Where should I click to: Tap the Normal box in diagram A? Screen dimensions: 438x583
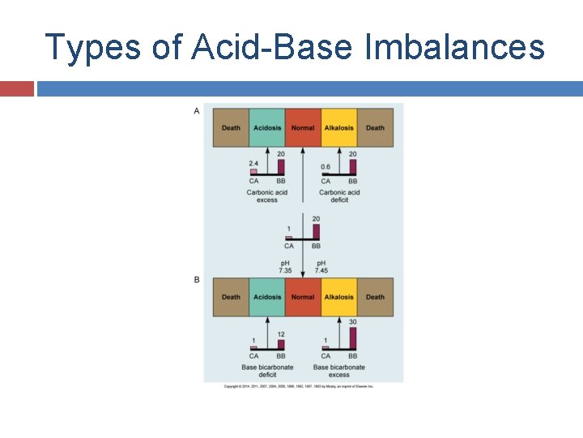(303, 128)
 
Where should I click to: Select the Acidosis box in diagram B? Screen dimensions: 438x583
(267, 297)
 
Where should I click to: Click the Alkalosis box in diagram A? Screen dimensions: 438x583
(338, 128)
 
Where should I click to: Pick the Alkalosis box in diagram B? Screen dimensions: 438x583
(338, 297)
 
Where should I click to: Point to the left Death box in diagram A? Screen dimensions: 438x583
(231, 128)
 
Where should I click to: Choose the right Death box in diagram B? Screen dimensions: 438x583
(375, 297)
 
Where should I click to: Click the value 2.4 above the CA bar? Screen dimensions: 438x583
(253, 165)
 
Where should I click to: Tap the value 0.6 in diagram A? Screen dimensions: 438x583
(326, 166)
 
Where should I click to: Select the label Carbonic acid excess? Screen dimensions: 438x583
(267, 195)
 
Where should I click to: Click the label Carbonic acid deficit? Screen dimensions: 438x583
(339, 195)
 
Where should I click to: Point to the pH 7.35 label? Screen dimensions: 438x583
(286, 267)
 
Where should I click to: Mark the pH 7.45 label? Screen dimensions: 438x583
(321, 267)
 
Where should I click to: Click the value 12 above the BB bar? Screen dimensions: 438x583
(281, 335)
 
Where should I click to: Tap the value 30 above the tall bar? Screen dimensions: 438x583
(352, 322)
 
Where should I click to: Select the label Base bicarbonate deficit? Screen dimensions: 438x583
(267, 371)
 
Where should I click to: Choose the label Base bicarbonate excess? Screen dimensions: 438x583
(339, 371)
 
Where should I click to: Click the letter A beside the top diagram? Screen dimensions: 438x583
(197, 111)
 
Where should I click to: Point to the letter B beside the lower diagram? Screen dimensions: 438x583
(197, 280)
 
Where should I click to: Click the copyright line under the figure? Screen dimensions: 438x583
(299, 386)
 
